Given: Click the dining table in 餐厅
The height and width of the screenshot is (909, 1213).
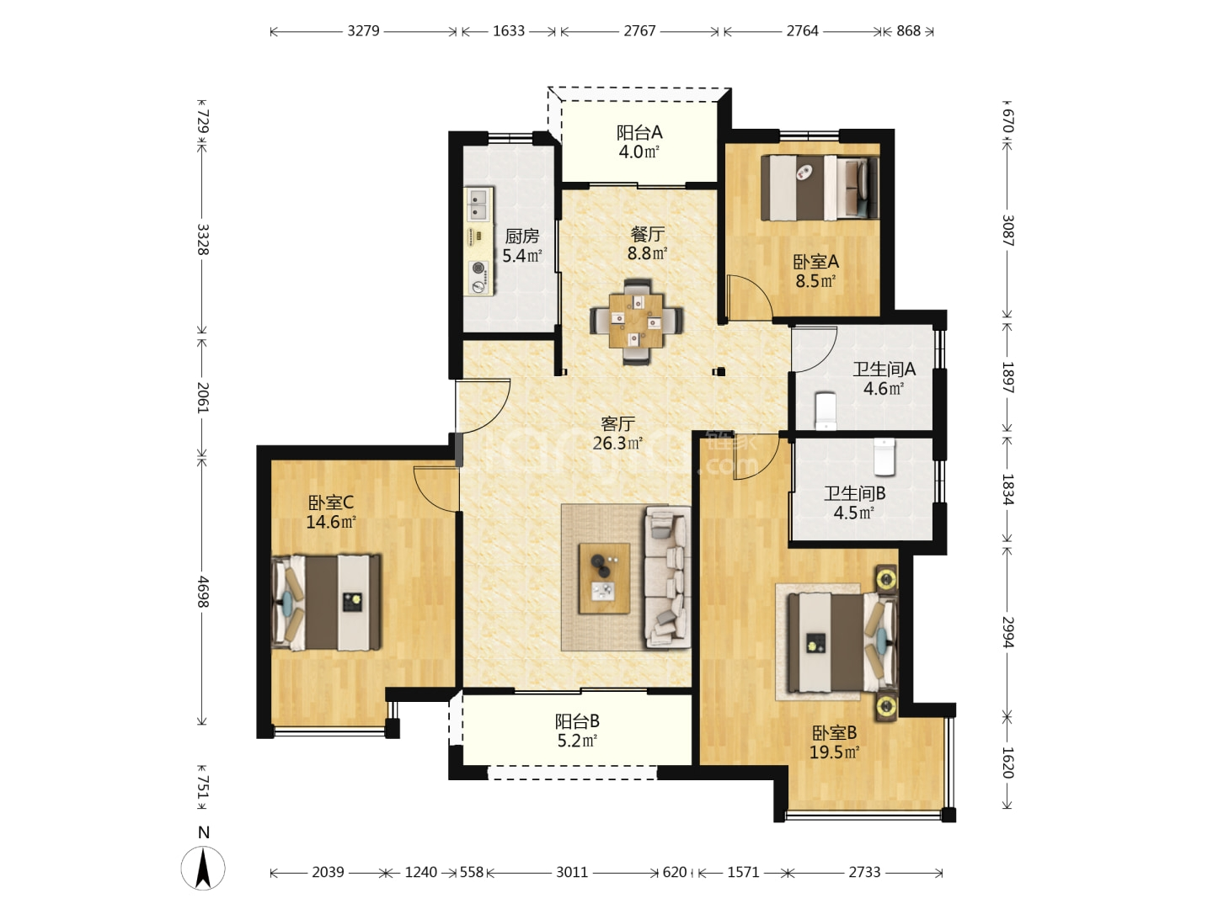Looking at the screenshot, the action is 636,321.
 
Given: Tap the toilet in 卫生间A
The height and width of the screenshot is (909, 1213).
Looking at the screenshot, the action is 825,411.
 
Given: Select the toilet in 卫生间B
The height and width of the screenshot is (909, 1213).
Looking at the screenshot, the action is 884,456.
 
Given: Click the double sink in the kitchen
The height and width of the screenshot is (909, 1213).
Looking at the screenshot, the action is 478,205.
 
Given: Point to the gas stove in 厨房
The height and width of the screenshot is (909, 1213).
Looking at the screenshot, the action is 478,277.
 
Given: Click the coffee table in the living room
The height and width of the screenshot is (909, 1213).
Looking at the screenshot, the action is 604,578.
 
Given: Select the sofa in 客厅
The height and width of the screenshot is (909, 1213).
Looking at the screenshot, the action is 667,577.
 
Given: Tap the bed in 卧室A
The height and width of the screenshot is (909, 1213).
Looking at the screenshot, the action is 820,188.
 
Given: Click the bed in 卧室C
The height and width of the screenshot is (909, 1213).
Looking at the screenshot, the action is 326,602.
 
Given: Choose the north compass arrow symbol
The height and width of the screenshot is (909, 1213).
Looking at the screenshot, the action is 203,868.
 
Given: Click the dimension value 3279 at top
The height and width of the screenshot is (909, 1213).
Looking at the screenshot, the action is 363,31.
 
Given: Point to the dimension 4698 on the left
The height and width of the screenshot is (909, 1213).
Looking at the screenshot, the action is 203,592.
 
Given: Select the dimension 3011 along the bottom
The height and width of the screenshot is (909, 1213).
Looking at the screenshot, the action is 571,872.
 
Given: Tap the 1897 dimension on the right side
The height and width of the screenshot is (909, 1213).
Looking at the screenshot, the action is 1008,378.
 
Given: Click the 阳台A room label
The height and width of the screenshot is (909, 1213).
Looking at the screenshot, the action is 639,132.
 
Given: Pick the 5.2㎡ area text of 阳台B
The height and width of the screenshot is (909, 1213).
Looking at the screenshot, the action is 577,741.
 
